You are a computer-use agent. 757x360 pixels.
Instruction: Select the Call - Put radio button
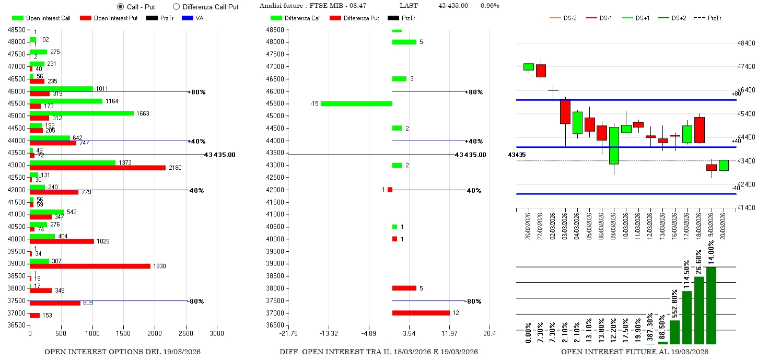click(x=120, y=7)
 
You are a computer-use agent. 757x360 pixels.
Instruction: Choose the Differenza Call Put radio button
click(x=176, y=7)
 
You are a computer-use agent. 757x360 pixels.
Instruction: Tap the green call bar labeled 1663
click(x=81, y=113)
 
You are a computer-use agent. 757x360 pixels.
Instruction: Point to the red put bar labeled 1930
click(x=90, y=266)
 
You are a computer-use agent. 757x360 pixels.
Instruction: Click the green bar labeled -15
click(x=356, y=103)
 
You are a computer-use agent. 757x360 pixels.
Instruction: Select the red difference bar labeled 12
click(x=421, y=313)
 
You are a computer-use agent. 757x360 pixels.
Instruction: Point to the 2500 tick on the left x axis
click(x=185, y=333)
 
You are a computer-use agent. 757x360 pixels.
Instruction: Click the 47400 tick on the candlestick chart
click(x=746, y=67)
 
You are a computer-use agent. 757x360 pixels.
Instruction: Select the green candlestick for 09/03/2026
click(x=614, y=145)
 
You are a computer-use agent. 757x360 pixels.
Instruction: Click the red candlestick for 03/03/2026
click(x=565, y=111)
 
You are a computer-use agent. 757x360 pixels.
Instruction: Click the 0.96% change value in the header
click(x=490, y=6)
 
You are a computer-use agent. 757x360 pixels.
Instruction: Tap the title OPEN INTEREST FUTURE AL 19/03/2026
click(x=635, y=352)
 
